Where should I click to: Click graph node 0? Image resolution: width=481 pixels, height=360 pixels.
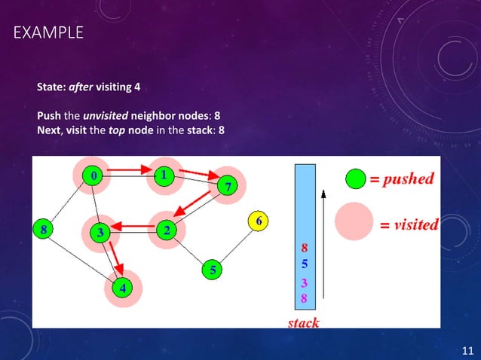pos(93,175)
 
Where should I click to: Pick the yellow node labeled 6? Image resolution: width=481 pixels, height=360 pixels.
pos(259,221)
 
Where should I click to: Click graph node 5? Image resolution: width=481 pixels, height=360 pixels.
pos(213,269)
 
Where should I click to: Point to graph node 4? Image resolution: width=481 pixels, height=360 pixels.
pos(122,287)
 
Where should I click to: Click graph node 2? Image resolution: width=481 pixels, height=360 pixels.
pos(166,230)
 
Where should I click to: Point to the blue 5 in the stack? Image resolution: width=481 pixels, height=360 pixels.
pos(305,265)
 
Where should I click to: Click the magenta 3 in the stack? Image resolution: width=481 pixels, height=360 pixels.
pos(305,283)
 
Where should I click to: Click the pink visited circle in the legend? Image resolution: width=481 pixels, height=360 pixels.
pos(354,223)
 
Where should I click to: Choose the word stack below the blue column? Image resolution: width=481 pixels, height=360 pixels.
pos(303,323)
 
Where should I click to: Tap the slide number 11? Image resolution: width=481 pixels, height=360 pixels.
pos(467,349)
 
